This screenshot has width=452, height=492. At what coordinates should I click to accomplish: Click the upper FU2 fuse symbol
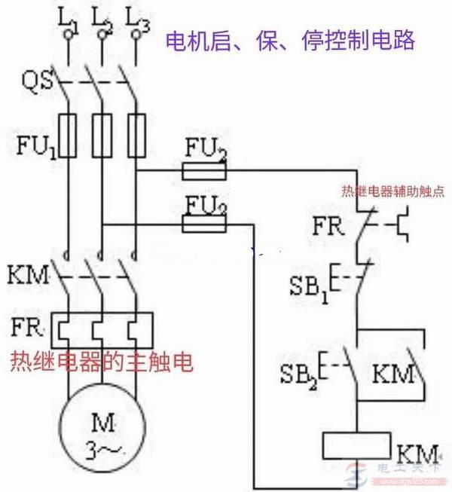(204, 173)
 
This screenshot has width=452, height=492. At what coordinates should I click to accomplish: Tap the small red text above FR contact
(390, 191)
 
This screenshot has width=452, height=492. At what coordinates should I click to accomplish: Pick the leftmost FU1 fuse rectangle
(69, 136)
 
